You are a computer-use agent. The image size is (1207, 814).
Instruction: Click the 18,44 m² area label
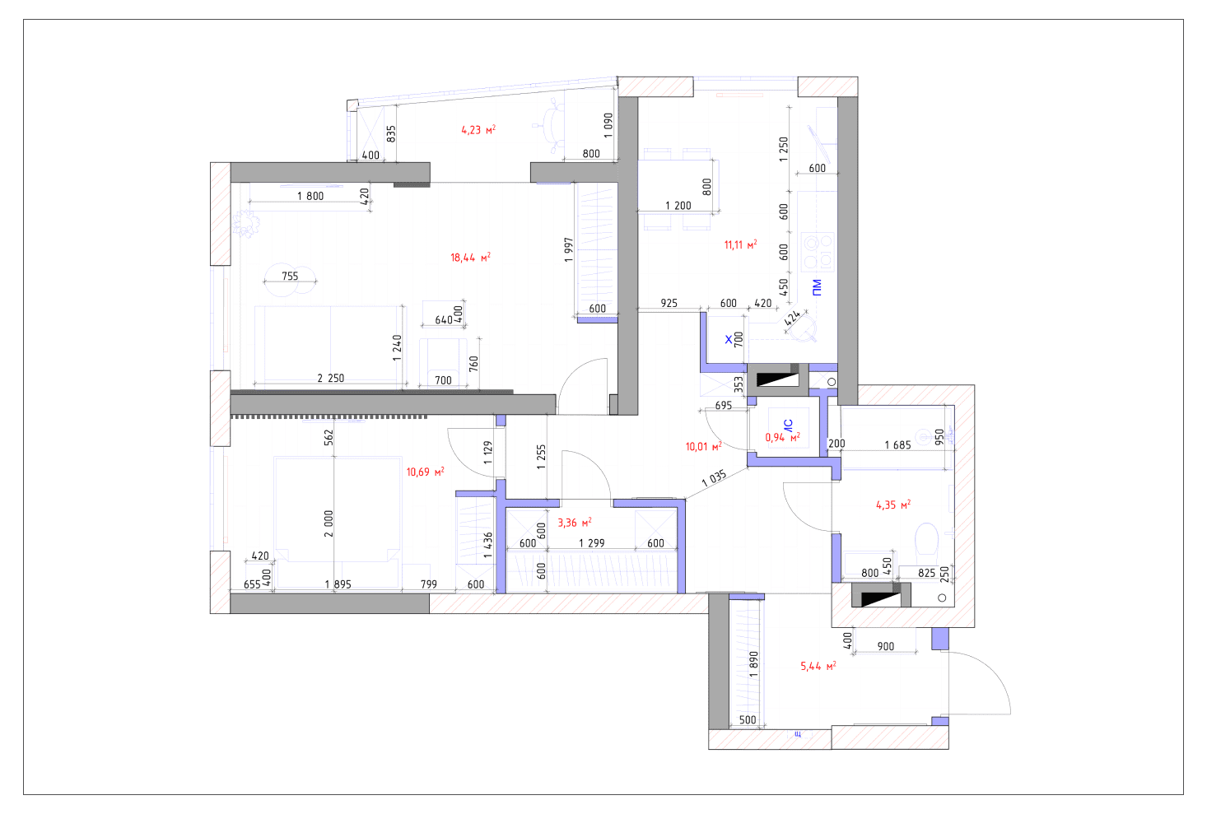470,258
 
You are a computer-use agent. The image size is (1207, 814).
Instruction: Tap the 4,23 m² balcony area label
478,130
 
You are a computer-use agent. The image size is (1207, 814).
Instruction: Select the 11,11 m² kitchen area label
740,245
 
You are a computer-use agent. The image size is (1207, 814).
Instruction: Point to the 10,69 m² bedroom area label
425,472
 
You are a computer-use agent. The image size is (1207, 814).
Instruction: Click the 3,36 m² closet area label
575,523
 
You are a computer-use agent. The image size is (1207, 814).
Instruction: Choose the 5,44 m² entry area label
818,667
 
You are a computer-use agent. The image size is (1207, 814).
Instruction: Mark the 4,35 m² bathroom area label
892,505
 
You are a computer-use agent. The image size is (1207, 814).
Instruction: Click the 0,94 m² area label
782,437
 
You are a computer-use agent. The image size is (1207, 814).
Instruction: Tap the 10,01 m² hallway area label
703,447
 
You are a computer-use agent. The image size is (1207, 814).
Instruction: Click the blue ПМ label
817,287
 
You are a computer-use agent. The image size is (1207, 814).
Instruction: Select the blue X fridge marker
729,339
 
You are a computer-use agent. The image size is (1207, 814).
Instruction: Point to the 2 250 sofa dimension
330,378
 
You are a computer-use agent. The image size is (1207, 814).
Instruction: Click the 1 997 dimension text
568,250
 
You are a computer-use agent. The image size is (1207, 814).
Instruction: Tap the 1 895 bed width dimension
338,584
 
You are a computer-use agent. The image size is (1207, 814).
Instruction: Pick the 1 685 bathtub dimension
897,445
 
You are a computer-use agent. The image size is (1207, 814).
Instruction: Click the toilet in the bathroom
927,539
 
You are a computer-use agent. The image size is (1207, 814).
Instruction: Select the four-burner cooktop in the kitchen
818,252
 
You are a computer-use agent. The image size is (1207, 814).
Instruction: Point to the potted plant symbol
245,223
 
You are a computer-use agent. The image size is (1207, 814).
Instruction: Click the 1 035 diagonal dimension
715,478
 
